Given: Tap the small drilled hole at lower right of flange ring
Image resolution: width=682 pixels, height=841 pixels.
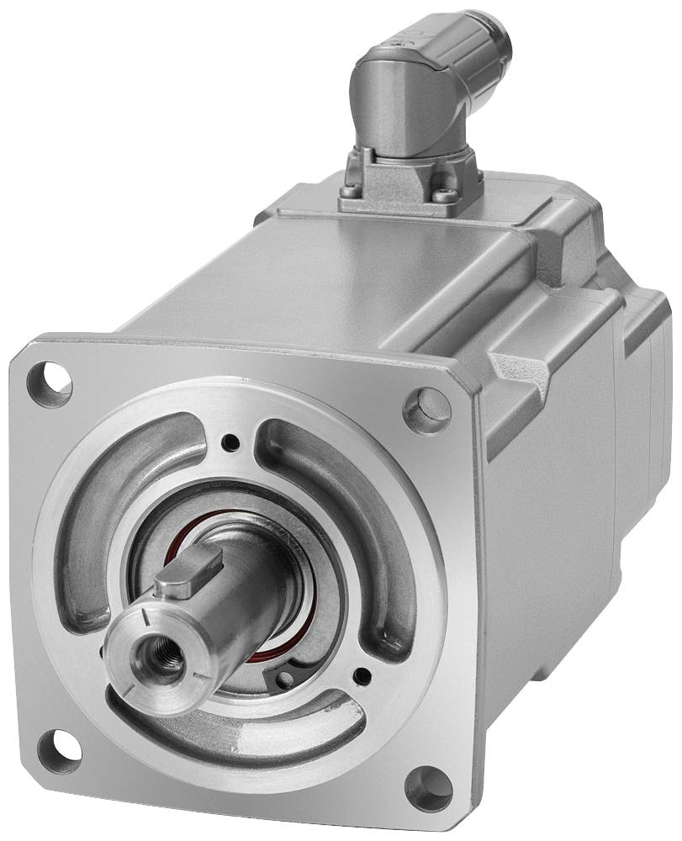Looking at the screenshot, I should [362, 674].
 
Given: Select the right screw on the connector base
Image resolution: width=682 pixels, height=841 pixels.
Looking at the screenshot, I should [446, 195].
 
